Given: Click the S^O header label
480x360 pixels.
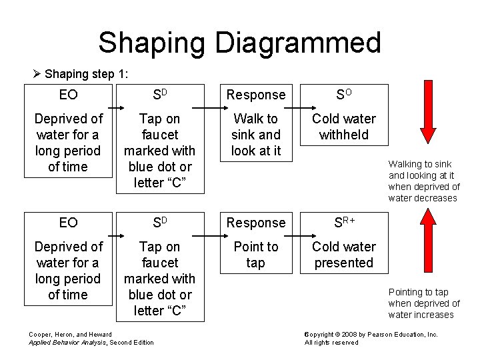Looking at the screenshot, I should click(x=344, y=95).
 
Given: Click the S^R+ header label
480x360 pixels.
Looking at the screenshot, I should click(x=344, y=222).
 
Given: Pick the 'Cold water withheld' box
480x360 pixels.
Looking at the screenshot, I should click(x=344, y=127).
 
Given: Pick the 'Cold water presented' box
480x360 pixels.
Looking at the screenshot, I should click(x=344, y=255).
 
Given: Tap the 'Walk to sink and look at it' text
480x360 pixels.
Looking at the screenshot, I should click(x=255, y=135).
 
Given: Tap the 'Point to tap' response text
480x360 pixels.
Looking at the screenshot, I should click(x=255, y=255).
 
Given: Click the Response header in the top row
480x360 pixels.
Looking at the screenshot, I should click(x=255, y=95).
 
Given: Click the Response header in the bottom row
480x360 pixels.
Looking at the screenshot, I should click(x=255, y=223).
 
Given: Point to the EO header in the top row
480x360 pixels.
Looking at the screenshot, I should click(x=68, y=95).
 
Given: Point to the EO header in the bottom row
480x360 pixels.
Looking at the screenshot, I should click(x=68, y=223).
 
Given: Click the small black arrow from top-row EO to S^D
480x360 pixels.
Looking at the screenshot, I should click(x=115, y=107).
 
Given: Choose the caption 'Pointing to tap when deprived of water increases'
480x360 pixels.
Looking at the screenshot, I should click(x=424, y=303).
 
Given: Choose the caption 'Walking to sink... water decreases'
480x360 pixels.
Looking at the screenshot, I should click(x=424, y=181).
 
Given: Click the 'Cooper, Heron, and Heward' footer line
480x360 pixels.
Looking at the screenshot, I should click(x=70, y=333).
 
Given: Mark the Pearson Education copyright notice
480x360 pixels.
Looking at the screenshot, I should click(x=371, y=338).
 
